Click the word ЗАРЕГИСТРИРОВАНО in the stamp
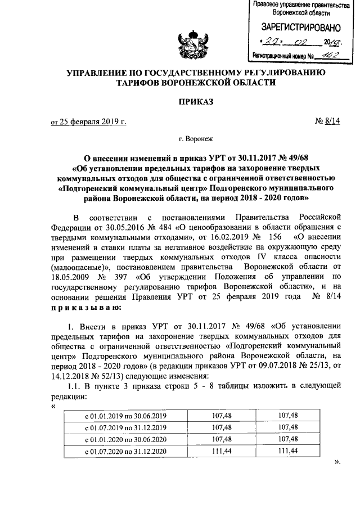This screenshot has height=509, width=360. point(299,27)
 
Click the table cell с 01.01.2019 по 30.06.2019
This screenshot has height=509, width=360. point(125,416)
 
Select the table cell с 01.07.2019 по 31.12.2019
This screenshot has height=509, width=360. point(125,427)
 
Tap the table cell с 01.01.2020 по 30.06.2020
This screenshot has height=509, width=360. point(125,439)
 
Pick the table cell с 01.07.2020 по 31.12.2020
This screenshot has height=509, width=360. point(125,451)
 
